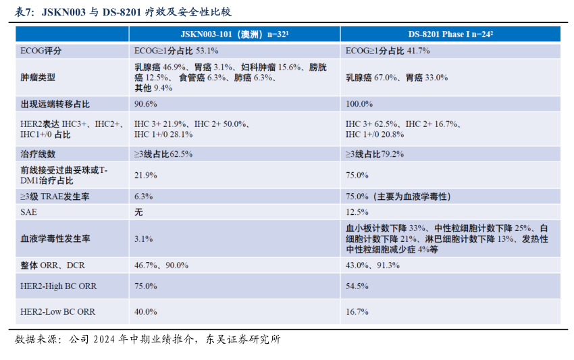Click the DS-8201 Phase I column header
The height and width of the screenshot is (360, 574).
pos(450,34)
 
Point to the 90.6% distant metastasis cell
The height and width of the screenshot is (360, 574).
pos(146,104)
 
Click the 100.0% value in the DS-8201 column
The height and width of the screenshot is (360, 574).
pos(359,104)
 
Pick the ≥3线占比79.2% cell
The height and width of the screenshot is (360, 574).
pos(375,154)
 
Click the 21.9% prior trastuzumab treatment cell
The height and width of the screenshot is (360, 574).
pos(146,175)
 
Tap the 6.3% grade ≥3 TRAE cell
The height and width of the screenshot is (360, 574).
pos(143,196)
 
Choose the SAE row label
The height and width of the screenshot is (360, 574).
pos(29,211)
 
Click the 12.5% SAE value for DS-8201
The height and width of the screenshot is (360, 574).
pos(357,211)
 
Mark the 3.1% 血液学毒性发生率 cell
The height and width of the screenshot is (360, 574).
pos(143,238)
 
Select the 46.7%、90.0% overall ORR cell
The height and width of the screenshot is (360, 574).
pos(161,265)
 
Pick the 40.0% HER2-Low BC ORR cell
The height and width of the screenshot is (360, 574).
pos(146,311)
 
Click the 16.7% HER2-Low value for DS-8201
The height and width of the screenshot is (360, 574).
pos(357,311)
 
